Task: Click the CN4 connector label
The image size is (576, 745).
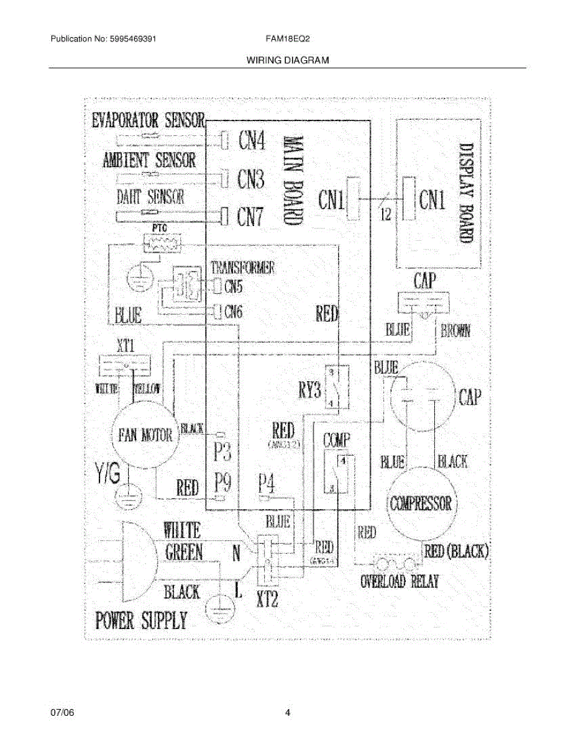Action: pos(252,142)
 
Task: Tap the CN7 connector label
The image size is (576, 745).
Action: pos(250,217)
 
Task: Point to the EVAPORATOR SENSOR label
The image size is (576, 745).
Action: pos(148,119)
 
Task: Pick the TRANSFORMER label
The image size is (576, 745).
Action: pos(242,268)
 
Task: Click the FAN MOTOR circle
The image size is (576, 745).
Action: pos(145,433)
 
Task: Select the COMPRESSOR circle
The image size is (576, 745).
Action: pos(421,502)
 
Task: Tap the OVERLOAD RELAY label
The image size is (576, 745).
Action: pos(400,582)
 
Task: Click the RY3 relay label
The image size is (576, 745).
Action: pos(308,391)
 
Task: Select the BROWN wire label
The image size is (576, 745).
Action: pos(455,330)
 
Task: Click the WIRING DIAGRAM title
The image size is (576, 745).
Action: pos(287,61)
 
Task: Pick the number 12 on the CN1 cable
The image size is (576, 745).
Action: pos(385,215)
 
